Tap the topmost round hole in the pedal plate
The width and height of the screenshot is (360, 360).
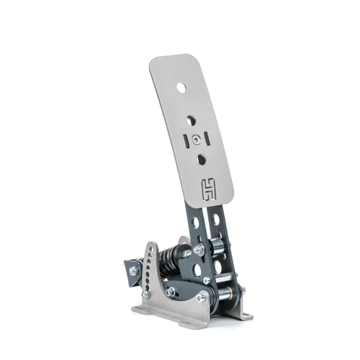click(x=181, y=87)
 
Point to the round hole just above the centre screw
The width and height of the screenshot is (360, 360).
click(x=191, y=121)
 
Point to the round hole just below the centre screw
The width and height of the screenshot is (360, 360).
click(x=201, y=158)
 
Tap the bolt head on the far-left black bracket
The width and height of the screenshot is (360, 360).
click(x=133, y=271)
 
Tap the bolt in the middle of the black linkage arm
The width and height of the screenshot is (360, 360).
click(x=170, y=292)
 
